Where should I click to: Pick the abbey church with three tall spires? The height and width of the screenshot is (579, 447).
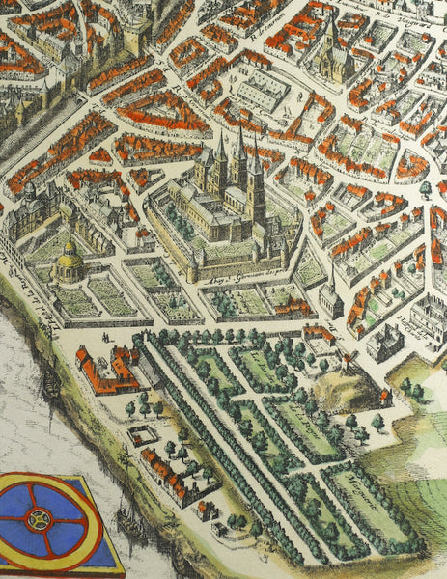pyautogui.click(x=235, y=179)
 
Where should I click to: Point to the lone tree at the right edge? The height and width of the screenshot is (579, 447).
pyautogui.click(x=426, y=189)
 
